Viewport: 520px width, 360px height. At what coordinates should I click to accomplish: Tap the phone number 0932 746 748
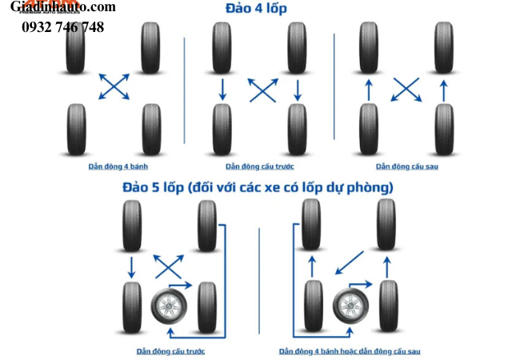[x=62, y=27]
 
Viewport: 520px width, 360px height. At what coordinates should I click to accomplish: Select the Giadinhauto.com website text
[x=63, y=7]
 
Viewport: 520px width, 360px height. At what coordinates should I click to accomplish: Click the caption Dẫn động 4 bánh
[x=114, y=166]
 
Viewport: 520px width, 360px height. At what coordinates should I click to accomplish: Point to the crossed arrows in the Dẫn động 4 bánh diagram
[x=114, y=86]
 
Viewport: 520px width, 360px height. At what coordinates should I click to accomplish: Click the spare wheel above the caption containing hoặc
[x=350, y=306]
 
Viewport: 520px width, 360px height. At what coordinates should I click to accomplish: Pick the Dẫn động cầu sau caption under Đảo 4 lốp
[x=407, y=166]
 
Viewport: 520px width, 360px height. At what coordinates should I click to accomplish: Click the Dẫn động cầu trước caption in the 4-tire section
[x=259, y=166]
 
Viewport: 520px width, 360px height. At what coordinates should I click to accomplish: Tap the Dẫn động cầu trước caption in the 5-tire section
[x=170, y=350]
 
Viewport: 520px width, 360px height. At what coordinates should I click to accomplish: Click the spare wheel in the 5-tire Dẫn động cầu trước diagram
[x=169, y=306]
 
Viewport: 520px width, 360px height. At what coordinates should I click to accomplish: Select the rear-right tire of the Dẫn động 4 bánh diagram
[x=151, y=128]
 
